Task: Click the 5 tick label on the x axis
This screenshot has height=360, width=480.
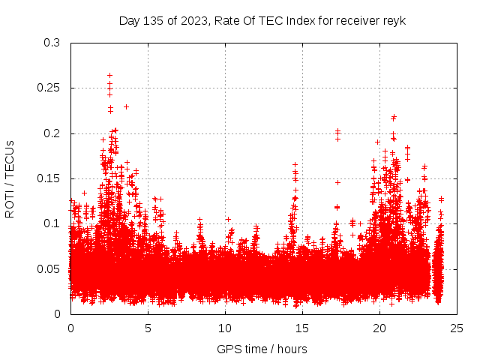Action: click(x=148, y=328)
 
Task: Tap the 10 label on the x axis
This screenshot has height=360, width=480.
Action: click(x=226, y=328)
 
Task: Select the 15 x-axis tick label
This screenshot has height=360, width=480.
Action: click(x=303, y=328)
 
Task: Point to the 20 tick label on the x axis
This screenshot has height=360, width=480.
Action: click(x=380, y=328)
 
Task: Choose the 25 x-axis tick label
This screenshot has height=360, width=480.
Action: click(x=457, y=328)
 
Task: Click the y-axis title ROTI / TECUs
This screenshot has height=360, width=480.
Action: click(x=10, y=178)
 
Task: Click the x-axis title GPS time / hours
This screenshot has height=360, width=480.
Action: click(x=262, y=349)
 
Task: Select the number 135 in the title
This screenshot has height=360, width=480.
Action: click(x=151, y=20)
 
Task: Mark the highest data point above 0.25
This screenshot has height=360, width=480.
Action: click(x=109, y=75)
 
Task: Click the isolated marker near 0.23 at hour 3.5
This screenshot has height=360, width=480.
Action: click(x=126, y=106)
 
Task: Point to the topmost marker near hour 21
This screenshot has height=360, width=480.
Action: click(x=394, y=117)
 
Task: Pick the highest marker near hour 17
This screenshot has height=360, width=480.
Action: click(x=337, y=131)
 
